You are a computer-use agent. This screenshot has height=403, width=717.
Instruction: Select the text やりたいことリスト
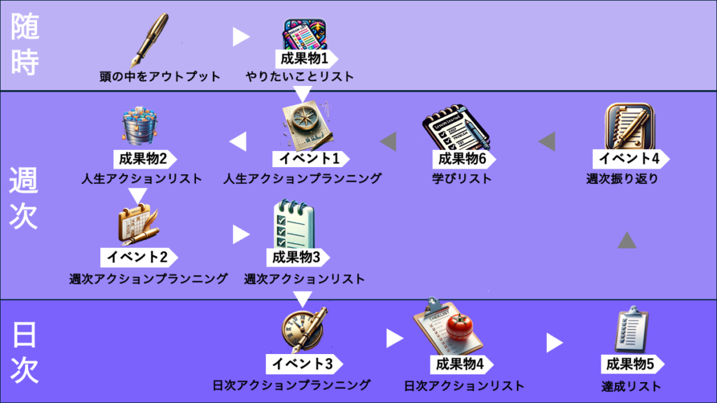pos(300,76)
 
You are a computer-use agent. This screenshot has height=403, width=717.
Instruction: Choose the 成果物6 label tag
pos(461,159)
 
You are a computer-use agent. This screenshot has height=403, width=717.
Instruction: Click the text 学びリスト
pos(461,178)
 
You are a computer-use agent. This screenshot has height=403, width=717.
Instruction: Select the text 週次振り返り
pos(622,178)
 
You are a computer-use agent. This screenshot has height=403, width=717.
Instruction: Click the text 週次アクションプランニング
pos(148,278)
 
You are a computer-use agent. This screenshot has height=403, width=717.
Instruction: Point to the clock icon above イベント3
pos(304,329)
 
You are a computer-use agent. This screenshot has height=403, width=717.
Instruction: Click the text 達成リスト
pos(631,386)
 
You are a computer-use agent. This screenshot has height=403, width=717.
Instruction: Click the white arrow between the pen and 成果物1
pos(241,37)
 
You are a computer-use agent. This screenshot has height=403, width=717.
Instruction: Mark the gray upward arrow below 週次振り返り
pos(627,241)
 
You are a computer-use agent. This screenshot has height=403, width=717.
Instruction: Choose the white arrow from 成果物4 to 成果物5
pos(555,343)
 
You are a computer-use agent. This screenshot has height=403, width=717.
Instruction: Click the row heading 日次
pos(25,352)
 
